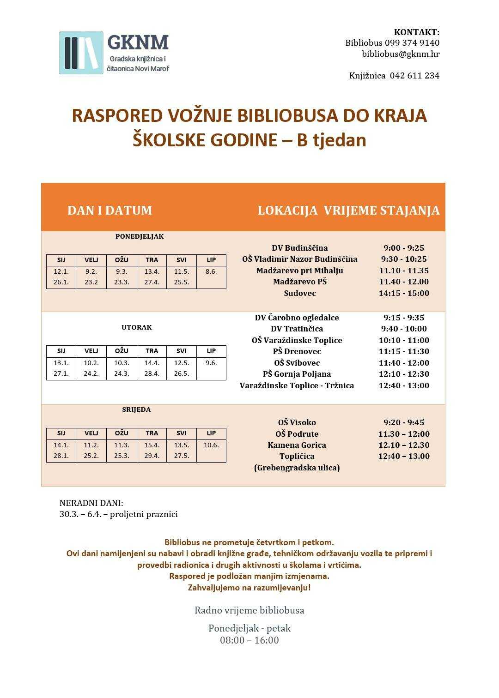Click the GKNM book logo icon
[81, 53]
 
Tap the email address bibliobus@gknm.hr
[401, 54]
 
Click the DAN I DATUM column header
[110, 211]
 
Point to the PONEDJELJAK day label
[140, 236]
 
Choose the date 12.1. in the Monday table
[61, 271]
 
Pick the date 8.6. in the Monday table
[211, 271]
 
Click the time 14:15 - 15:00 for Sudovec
[404, 293]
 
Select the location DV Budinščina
[300, 248]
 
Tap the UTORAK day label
[137, 327]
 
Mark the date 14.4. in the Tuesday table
[152, 363]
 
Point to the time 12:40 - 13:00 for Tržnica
[404, 385]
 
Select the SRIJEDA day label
[136, 409]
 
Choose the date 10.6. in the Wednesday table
[211, 445]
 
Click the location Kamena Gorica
[297, 445]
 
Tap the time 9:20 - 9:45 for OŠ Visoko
[404, 422]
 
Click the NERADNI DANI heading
[91, 503]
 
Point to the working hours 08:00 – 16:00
[249, 640]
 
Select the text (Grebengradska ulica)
[297, 468]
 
